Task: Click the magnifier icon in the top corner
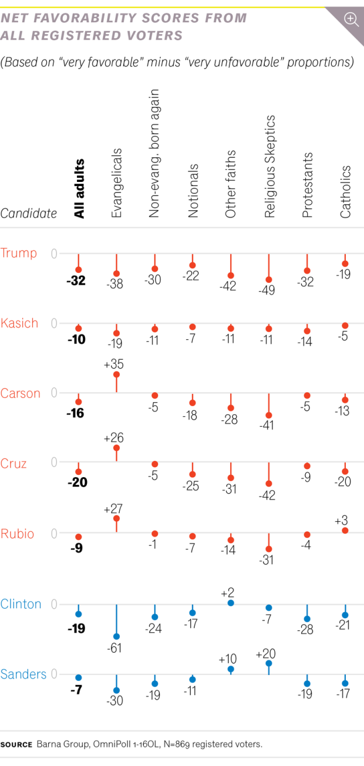351,19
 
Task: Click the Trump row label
19,253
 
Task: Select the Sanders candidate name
23,674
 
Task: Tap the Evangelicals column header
117,183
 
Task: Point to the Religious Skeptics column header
269,167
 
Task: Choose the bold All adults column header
79,188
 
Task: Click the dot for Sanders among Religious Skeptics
269,663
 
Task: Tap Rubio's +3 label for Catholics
345,520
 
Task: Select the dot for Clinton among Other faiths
231,603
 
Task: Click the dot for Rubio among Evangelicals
116,518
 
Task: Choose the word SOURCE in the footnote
16,745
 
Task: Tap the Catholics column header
346,192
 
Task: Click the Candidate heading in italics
29,213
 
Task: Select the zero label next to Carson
55,392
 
